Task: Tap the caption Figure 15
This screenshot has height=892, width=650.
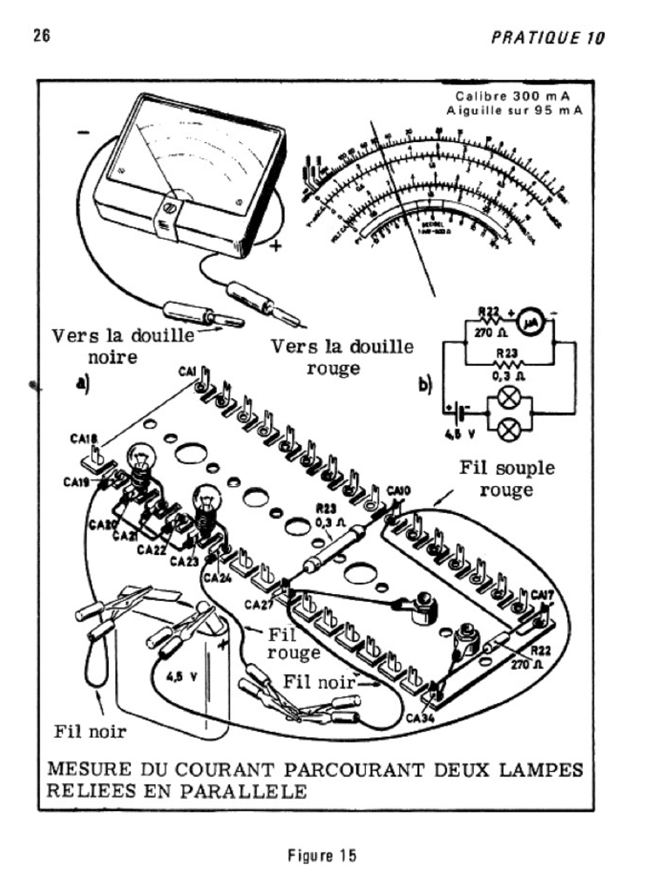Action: pyautogui.click(x=324, y=856)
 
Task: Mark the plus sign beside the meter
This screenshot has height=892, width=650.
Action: pyautogui.click(x=276, y=245)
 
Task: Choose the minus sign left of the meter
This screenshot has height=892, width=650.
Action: pyautogui.click(x=84, y=132)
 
